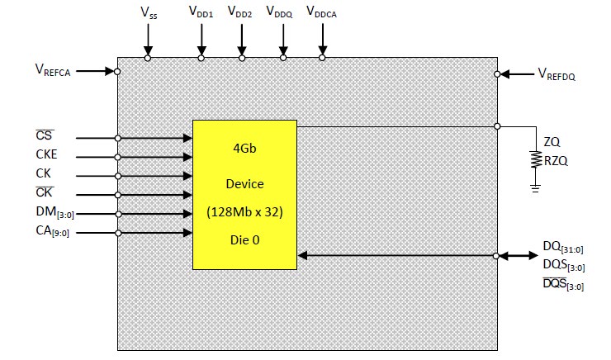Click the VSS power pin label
coord(148,13)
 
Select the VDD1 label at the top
coord(201,13)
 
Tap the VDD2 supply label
coord(241,13)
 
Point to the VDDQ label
coord(282,13)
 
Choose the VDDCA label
coord(322,13)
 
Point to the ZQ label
coord(552,142)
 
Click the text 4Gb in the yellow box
coord(244,153)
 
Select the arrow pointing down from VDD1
coord(201,40)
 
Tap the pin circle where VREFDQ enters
coord(497,73)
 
